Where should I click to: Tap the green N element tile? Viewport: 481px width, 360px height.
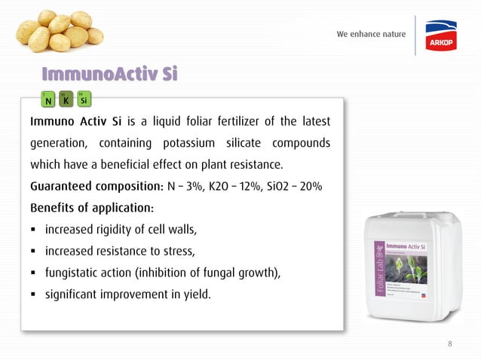(x=48, y=99)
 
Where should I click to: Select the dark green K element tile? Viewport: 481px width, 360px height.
(x=66, y=99)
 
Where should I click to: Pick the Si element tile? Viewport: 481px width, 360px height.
(x=84, y=99)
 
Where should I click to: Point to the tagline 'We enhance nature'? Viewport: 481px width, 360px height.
(x=371, y=35)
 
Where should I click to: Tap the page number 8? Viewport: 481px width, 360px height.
(x=450, y=344)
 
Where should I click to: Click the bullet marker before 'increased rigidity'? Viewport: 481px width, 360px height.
(x=34, y=229)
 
